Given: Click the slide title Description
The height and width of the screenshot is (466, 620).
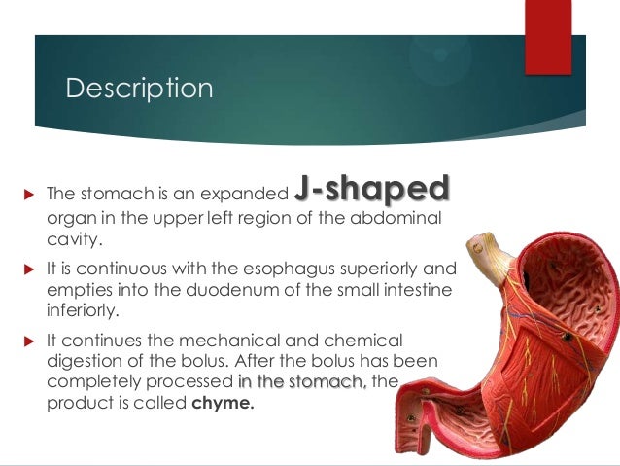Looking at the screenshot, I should (x=138, y=89).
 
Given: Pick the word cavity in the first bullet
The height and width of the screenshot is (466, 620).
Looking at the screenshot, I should (x=73, y=235).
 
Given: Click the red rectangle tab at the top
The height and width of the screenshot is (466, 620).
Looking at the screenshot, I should (x=548, y=36).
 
